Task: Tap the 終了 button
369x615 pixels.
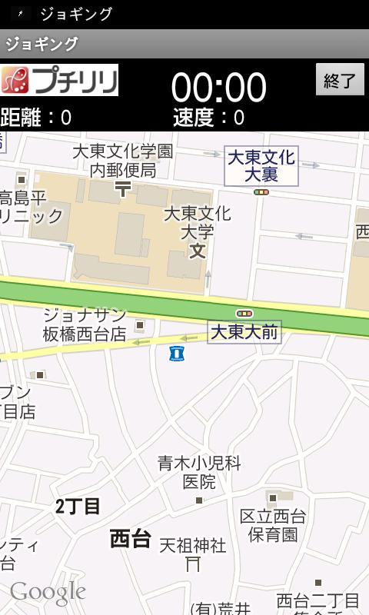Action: tap(340, 79)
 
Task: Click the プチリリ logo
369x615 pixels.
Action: tap(59, 80)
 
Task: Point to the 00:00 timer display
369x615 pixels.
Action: tap(218, 87)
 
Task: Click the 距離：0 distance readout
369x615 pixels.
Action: tap(36, 118)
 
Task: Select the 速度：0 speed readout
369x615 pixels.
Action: tap(208, 118)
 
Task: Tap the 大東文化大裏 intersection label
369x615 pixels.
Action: tap(261, 166)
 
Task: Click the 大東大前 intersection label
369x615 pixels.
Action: tap(244, 332)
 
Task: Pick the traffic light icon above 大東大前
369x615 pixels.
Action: tap(244, 314)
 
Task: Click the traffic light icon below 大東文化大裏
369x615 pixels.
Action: tap(261, 192)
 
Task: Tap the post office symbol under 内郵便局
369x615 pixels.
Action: tap(122, 187)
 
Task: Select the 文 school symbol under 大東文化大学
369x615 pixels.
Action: tap(198, 250)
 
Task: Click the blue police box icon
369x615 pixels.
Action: tap(178, 353)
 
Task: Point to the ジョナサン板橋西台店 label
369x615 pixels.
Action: tap(85, 324)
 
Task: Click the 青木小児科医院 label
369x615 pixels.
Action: tap(199, 472)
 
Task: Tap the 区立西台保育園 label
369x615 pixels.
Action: tap(273, 524)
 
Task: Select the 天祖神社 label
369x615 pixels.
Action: tap(192, 545)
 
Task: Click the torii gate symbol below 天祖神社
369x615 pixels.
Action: tap(193, 565)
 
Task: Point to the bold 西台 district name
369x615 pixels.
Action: tap(130, 538)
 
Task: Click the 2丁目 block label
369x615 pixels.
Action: tap(78, 507)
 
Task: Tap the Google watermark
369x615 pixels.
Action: tap(48, 592)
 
